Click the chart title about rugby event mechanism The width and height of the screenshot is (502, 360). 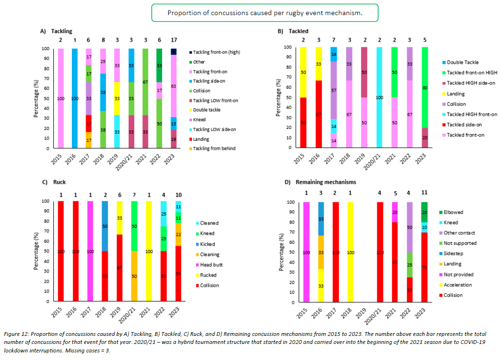click(x=265, y=13)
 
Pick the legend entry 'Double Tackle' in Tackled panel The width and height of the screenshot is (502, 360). click(x=462, y=62)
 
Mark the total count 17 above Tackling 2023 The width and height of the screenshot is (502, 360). click(x=174, y=40)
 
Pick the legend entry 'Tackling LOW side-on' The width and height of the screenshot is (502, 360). click(x=216, y=129)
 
